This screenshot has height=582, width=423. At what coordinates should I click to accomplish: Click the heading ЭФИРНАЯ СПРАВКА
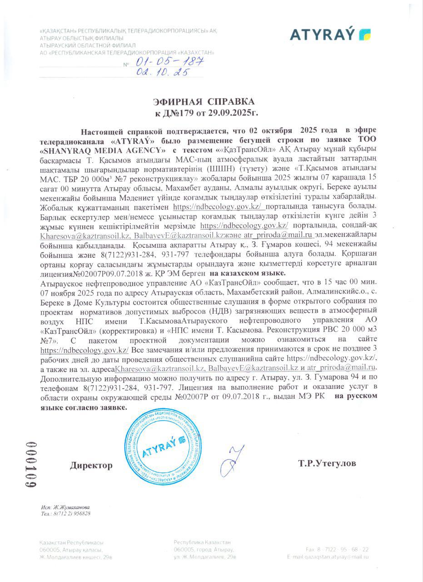[x=204, y=101]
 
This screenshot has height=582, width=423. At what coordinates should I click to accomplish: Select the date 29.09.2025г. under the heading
[x=236, y=111]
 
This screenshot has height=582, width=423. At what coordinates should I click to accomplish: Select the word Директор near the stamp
[x=91, y=465]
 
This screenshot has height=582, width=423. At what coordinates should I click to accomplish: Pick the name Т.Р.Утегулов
[x=327, y=463]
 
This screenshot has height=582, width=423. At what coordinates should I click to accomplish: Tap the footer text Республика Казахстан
[x=202, y=542]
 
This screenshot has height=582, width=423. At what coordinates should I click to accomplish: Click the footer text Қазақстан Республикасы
[x=71, y=542]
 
